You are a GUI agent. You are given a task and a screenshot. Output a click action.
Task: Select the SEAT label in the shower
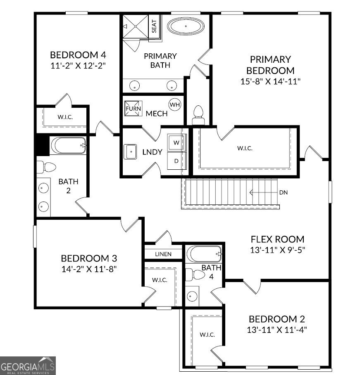click(x=154, y=26)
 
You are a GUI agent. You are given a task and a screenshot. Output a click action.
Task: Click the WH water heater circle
click(x=175, y=105)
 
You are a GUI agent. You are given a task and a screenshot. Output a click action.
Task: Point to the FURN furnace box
click(x=133, y=108)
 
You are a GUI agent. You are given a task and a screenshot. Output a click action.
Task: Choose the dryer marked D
click(x=176, y=161)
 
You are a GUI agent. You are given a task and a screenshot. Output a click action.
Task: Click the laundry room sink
click(x=131, y=152)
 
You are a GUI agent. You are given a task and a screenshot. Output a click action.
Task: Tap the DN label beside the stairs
click(x=284, y=192)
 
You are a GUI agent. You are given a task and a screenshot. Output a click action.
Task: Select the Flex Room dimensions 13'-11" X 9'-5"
click(x=277, y=249)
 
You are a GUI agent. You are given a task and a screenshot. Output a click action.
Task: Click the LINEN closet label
click(x=163, y=254)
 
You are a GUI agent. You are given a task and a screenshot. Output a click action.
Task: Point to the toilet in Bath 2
click(x=46, y=167)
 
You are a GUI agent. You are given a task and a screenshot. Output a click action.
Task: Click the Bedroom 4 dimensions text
click(x=79, y=65)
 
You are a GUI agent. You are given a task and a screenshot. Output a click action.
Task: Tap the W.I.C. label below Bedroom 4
click(x=65, y=117)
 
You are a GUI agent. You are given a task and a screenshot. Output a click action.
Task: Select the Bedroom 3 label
click(x=89, y=259)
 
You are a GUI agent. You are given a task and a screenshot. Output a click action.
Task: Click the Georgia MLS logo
click(x=28, y=366)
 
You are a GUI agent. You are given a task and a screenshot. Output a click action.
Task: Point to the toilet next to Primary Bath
click(x=198, y=114)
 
